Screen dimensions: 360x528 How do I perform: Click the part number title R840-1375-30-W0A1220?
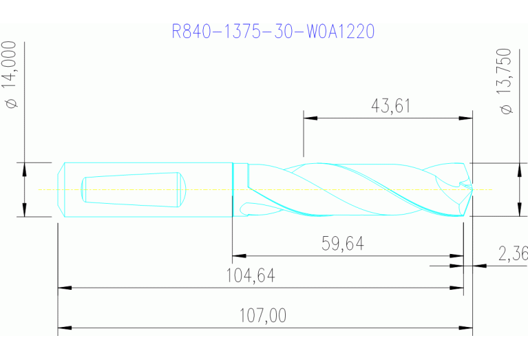click(x=273, y=32)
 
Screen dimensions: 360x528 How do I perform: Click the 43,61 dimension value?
click(x=390, y=105)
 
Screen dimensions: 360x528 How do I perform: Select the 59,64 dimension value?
click(x=342, y=244)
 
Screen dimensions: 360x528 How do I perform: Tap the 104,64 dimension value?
click(x=251, y=275)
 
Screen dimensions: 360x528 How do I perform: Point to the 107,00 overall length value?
click(x=262, y=316)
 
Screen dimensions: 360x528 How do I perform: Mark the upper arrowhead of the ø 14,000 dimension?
click(x=24, y=169)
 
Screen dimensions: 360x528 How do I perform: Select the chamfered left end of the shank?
click(x=61, y=189)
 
